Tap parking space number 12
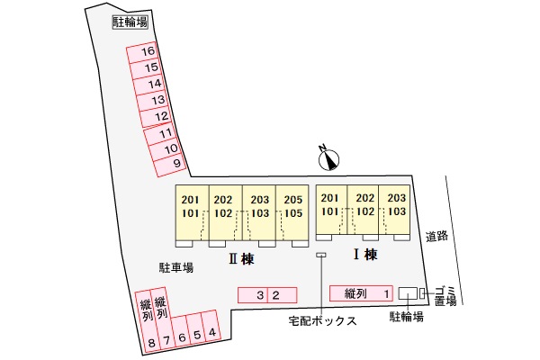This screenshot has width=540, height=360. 160,117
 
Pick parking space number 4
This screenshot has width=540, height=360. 211,332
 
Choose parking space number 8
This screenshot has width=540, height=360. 151,342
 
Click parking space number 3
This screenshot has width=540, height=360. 259,294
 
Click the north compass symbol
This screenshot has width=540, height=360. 330,159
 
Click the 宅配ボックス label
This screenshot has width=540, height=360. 322,320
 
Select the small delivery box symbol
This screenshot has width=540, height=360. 319,256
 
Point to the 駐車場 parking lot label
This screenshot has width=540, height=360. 176,267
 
